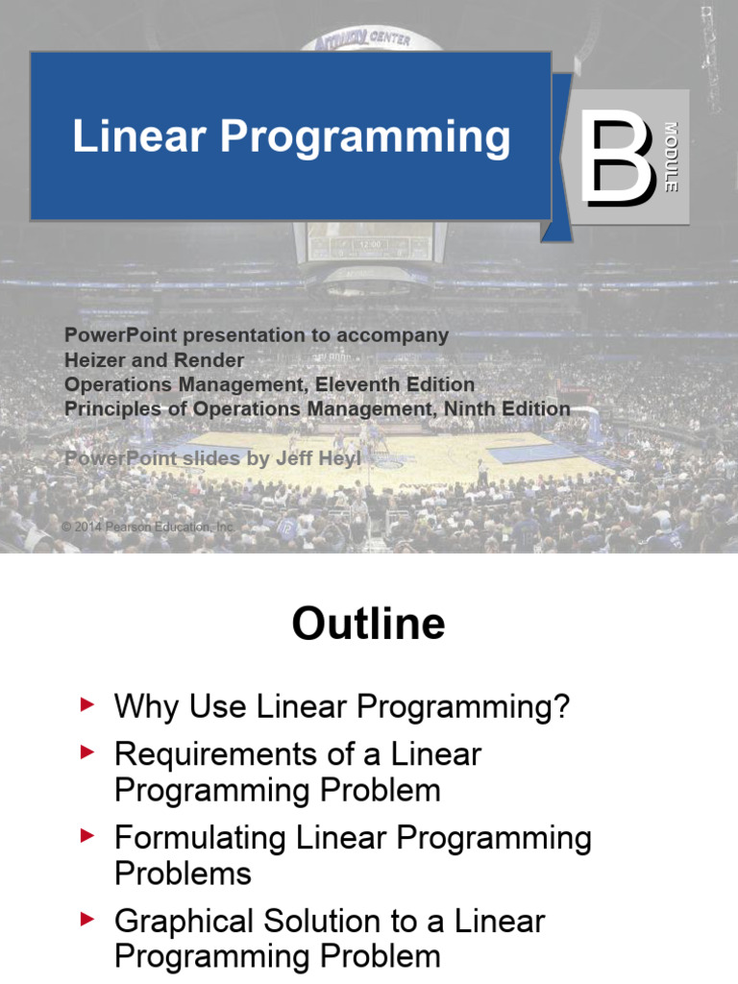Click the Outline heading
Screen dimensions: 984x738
368,625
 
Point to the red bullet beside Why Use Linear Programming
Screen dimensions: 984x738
88,706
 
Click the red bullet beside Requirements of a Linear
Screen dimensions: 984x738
88,752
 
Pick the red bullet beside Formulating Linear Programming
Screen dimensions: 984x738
88,837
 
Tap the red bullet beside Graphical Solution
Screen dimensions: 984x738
88,921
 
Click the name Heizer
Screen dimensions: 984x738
94,359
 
